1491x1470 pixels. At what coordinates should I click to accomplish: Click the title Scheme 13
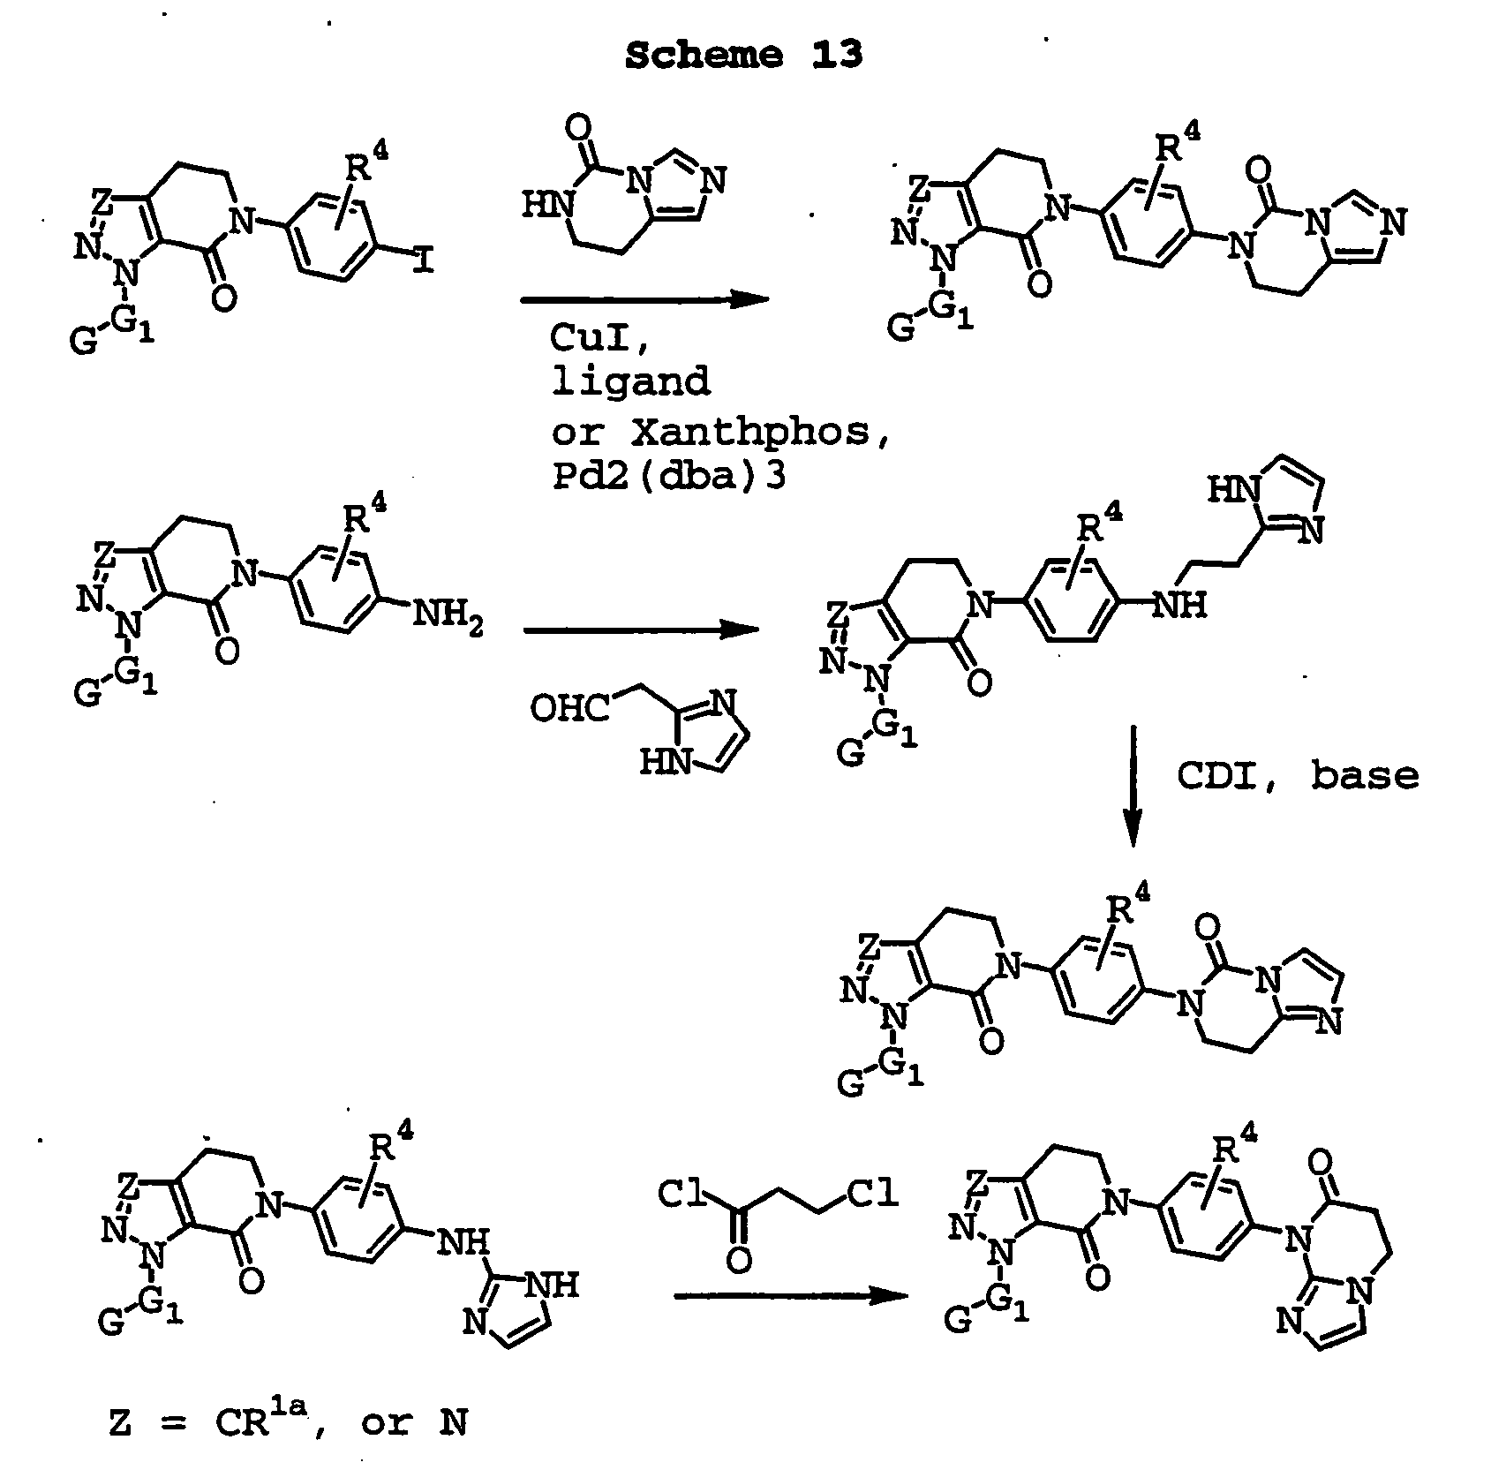743,56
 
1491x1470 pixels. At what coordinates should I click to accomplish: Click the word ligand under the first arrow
630,381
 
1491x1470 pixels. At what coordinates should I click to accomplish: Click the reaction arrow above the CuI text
644,300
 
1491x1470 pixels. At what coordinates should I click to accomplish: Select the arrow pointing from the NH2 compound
643,630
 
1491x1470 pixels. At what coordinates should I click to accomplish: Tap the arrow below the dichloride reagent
791,1296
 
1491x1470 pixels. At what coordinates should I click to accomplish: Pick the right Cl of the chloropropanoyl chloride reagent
874,1195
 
